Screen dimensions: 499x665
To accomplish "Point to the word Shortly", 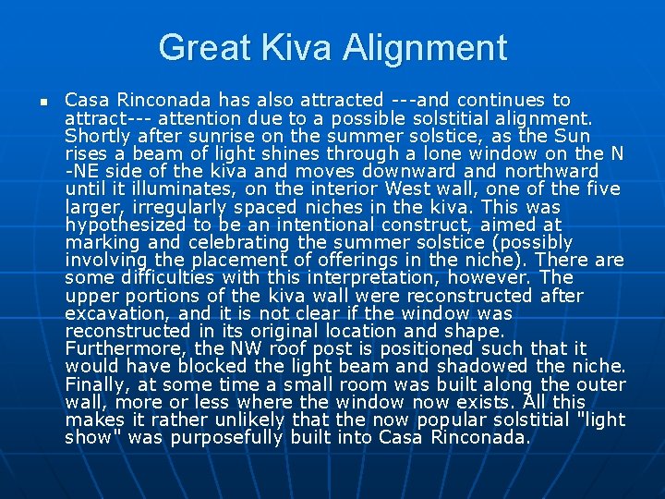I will click(x=97, y=136).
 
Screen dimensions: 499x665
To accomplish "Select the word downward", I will click(x=405, y=171).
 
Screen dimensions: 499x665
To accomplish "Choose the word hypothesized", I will click(x=123, y=225).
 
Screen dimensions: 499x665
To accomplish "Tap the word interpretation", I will click(x=368, y=277).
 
